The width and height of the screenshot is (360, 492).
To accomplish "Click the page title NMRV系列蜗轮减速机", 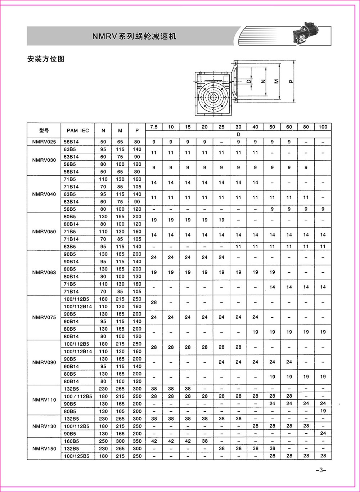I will point(134,36).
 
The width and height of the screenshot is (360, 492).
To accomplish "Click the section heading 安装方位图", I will point(45,59).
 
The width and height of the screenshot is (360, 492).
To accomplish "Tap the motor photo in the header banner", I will point(309,35).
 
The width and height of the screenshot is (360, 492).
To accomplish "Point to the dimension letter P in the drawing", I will point(291,81).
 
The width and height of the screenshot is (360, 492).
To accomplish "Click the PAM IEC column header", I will point(78,130).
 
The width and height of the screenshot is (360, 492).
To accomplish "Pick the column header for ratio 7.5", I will point(154,127).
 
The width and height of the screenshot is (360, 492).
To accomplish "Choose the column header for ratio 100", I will point(323,127).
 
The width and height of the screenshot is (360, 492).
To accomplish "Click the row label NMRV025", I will point(44,142).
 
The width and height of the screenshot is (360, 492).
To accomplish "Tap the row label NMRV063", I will point(44,272).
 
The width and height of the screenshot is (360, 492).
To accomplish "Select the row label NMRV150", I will point(44,448).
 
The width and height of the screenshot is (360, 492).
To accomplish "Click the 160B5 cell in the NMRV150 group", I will point(71,441).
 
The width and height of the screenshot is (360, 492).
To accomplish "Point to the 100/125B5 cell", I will point(76,456).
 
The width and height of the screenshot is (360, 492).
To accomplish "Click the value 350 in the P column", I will point(137,441).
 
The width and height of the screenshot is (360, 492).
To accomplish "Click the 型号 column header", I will point(44,130).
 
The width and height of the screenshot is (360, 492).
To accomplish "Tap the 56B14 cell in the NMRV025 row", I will point(71,142).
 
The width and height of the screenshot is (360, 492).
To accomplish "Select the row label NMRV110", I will point(44,400).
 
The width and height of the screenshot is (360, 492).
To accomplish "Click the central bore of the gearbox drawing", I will point(212,97).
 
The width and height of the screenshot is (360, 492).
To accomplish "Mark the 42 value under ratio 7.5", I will point(154,441).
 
